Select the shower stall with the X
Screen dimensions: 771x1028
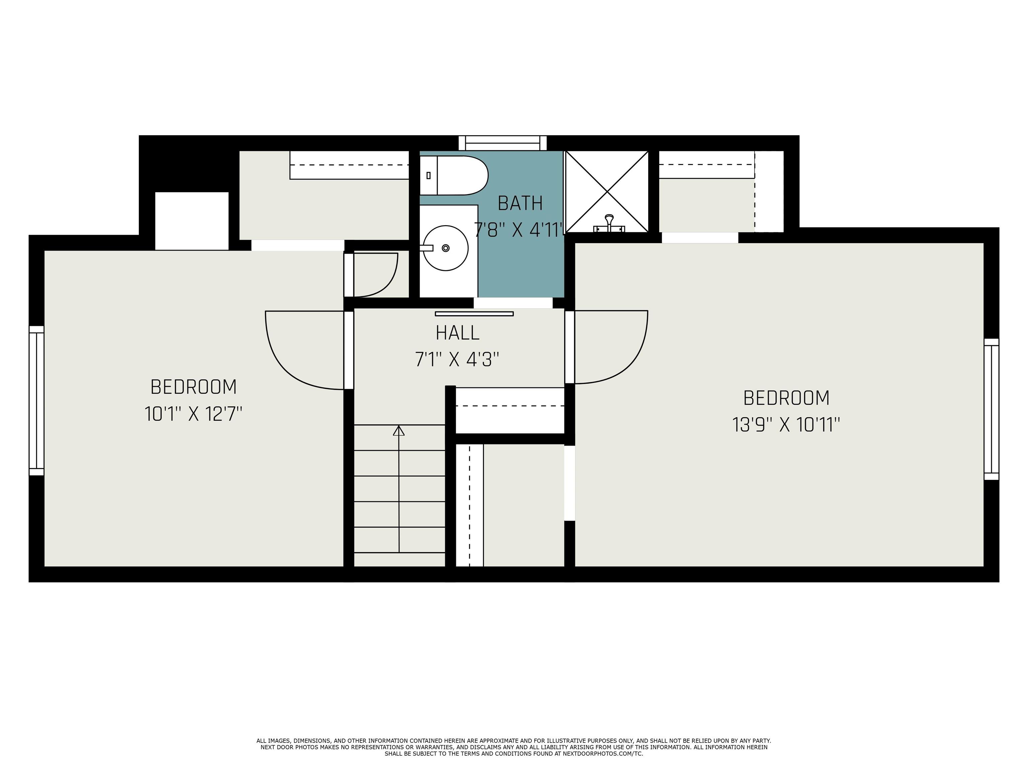[606, 191]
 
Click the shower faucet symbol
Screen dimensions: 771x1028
[609, 224]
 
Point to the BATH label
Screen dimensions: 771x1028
[520, 203]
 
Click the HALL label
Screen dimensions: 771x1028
[457, 333]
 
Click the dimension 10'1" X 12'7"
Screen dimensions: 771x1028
[193, 414]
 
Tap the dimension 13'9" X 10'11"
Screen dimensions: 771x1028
[786, 425]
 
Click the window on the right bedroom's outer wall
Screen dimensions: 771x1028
[991, 409]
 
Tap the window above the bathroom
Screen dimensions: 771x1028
[502, 143]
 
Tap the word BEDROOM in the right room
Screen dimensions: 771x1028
[786, 398]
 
